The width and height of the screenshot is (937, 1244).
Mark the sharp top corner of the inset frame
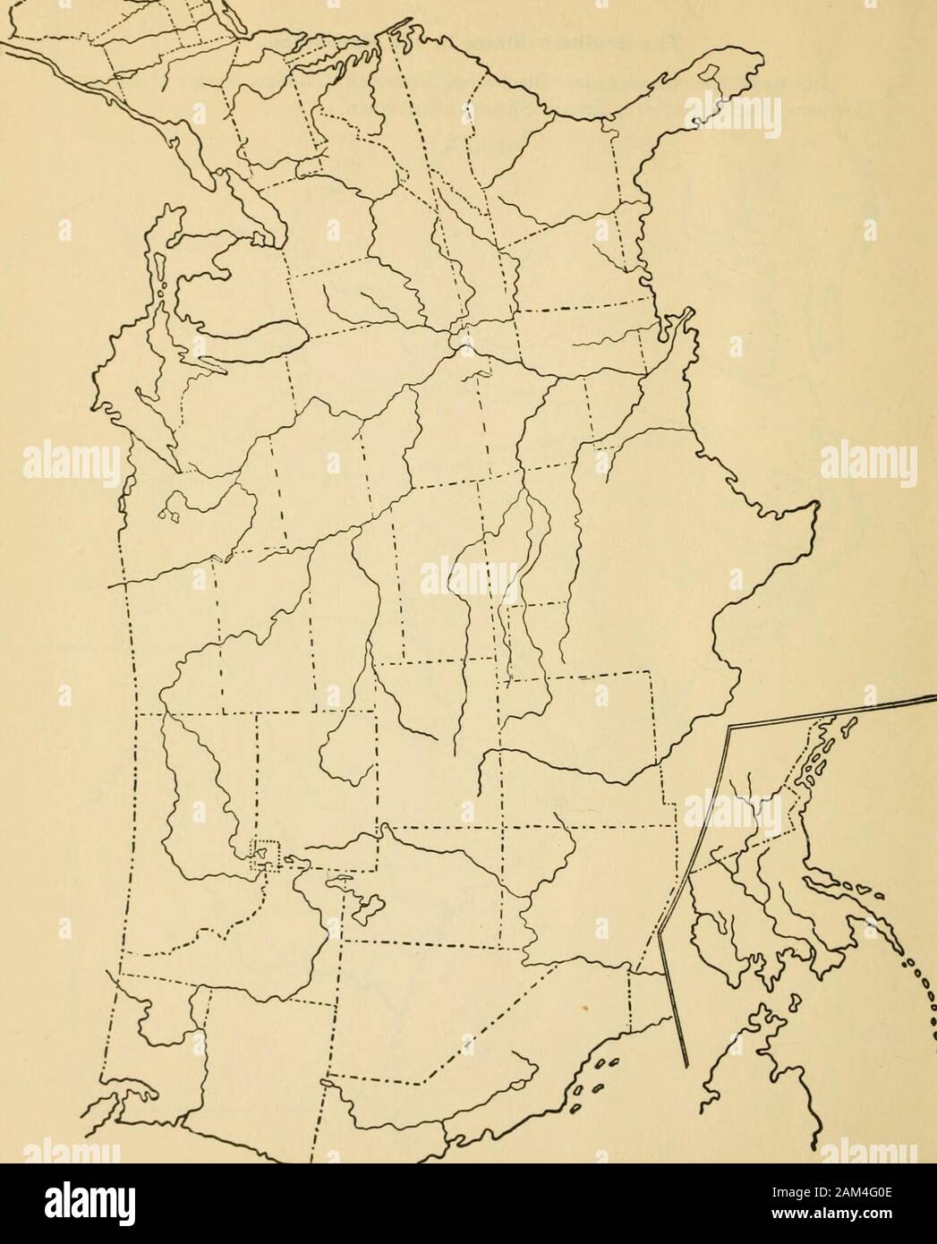(x=730, y=730)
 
